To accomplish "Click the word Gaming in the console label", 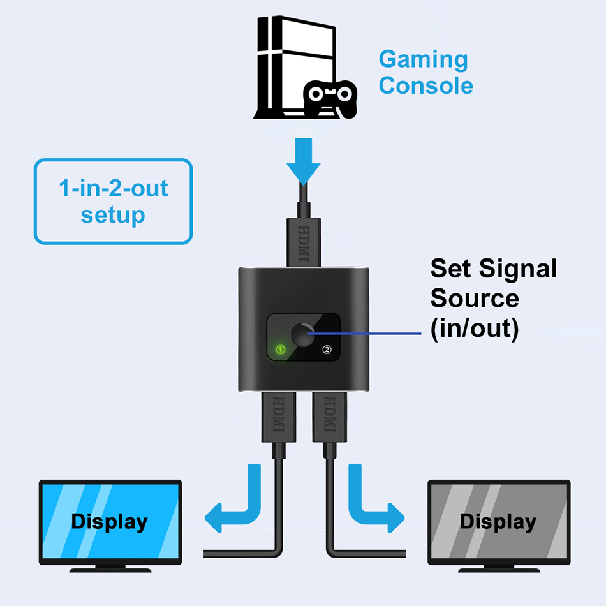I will pos(423,61).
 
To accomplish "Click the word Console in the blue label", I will pos(425,85).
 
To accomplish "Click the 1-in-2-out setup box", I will pos(113,202).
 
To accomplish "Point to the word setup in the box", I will pos(113,215).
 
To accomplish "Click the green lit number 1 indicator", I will pos(281,350).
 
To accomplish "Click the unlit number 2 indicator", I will pos(327,350).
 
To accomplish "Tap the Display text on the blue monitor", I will pos(109,522).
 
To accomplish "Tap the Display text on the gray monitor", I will pos(498,522).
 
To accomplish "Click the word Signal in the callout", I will pos(517,269).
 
